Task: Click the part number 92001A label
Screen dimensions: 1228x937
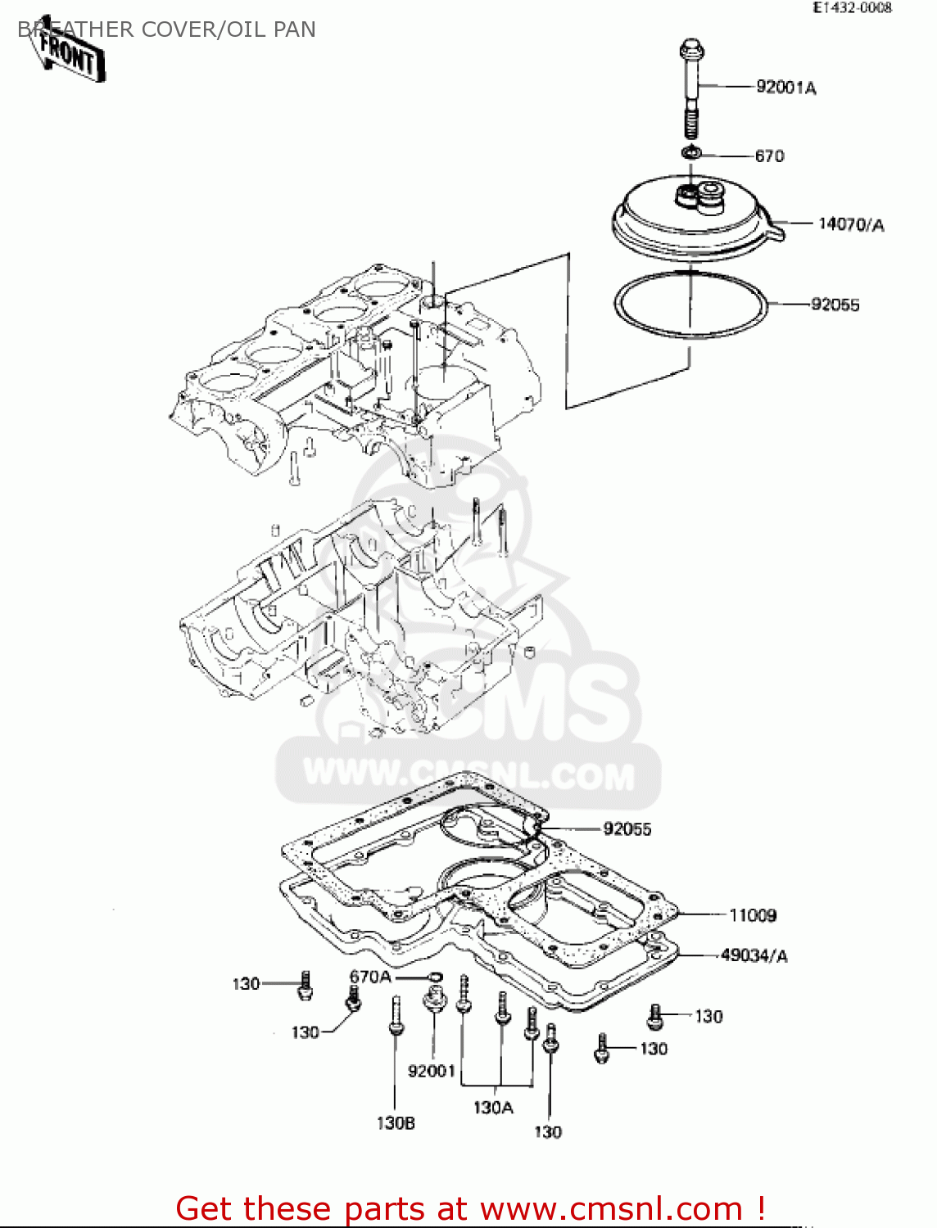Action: tap(785, 88)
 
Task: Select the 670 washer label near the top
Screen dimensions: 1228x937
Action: tap(769, 156)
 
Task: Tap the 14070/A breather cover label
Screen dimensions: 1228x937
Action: tap(851, 224)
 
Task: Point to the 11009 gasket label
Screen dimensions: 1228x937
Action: tap(753, 915)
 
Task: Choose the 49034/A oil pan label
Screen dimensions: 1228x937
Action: tap(754, 955)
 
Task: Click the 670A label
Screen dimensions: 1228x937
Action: tap(370, 977)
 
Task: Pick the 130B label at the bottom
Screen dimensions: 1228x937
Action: tap(396, 1123)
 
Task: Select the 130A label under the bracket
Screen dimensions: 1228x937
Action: tap(493, 1108)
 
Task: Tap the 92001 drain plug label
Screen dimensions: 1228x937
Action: tap(431, 1071)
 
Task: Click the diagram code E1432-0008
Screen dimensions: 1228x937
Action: tap(852, 7)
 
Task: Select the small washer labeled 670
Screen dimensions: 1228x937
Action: tap(692, 152)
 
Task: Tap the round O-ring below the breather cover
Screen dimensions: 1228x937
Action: tap(690, 305)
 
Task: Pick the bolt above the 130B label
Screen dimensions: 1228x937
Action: tap(396, 1016)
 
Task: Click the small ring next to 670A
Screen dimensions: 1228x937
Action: tap(434, 975)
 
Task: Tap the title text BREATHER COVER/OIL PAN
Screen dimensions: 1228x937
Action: tap(167, 29)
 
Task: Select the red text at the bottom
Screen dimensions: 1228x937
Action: tap(471, 1208)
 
